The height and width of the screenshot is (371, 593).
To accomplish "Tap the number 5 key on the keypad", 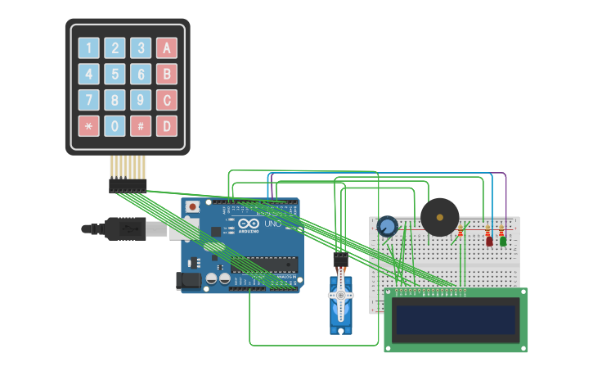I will point(115,75).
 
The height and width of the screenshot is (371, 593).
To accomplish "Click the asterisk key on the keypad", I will point(88,126).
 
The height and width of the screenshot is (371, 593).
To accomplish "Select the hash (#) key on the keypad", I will point(142,126).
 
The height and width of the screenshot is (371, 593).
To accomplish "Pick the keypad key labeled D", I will point(167,126).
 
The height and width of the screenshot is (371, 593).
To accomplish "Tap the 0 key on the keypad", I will point(115,126).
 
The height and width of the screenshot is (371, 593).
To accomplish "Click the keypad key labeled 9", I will point(142,101).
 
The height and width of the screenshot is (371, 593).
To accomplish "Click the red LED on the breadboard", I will point(489,240).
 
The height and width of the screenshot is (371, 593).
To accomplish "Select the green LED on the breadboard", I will point(503,240).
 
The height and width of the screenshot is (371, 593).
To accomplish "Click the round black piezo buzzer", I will point(440,217).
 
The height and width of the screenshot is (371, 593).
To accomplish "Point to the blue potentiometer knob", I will point(387,225).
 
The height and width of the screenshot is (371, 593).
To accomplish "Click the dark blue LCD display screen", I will point(456,320).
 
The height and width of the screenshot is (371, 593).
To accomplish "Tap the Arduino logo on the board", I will point(249,224).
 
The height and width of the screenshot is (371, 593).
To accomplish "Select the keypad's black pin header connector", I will point(128,186).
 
